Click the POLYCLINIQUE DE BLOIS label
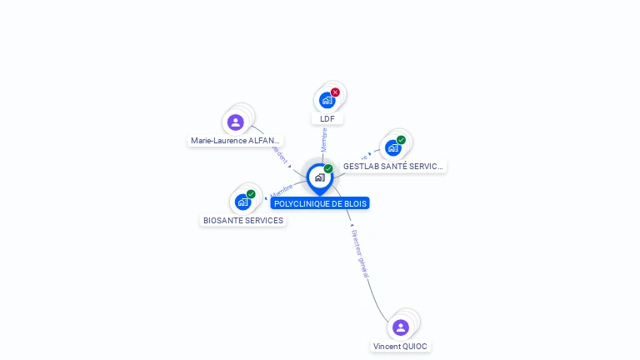click(x=320, y=203)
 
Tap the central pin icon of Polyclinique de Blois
click(x=319, y=177)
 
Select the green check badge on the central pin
click(x=328, y=168)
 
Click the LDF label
click(x=327, y=118)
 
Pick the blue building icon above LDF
click(x=327, y=100)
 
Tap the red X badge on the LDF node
click(x=335, y=92)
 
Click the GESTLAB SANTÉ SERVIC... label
click(x=393, y=167)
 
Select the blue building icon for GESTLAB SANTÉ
click(x=392, y=147)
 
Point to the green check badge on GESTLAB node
click(x=401, y=140)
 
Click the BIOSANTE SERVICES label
click(x=243, y=221)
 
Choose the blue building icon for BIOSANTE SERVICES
click(x=242, y=202)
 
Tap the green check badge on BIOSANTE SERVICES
click(x=251, y=194)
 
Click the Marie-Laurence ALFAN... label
click(x=236, y=141)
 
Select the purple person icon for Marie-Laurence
click(x=236, y=122)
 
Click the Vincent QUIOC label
click(x=401, y=346)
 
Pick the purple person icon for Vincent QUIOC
click(x=401, y=327)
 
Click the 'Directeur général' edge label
click(x=360, y=254)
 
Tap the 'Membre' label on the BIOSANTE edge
click(x=282, y=191)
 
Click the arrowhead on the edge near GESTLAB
click(x=369, y=154)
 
